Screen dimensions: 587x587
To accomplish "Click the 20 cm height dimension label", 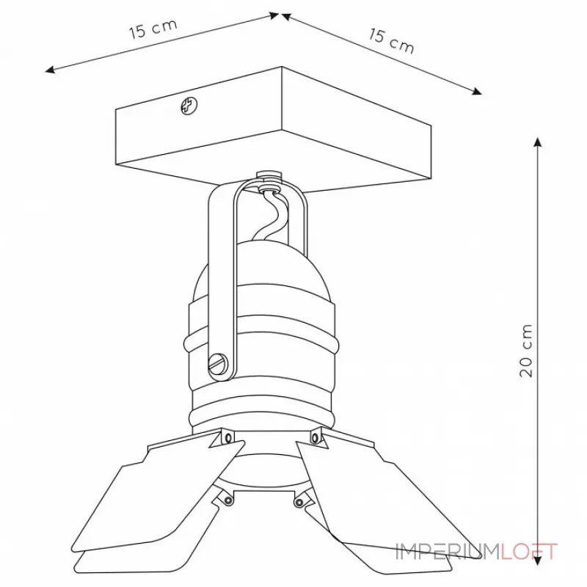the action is [x=526, y=351].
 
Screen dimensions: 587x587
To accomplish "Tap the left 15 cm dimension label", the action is [x=153, y=29].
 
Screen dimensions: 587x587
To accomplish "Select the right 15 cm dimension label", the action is [x=392, y=41].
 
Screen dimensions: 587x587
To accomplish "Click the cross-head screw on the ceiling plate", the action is [x=189, y=106].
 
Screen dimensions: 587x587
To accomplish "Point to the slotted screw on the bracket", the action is [x=218, y=362].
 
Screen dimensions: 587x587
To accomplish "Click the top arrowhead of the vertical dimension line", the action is [x=538, y=142].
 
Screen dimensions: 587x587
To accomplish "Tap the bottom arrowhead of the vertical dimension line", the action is [x=538, y=560].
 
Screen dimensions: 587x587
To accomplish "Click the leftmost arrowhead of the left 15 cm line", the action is [x=50, y=70].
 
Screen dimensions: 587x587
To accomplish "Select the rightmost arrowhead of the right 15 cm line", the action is [x=477, y=91].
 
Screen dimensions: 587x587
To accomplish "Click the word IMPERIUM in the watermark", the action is [x=448, y=552].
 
